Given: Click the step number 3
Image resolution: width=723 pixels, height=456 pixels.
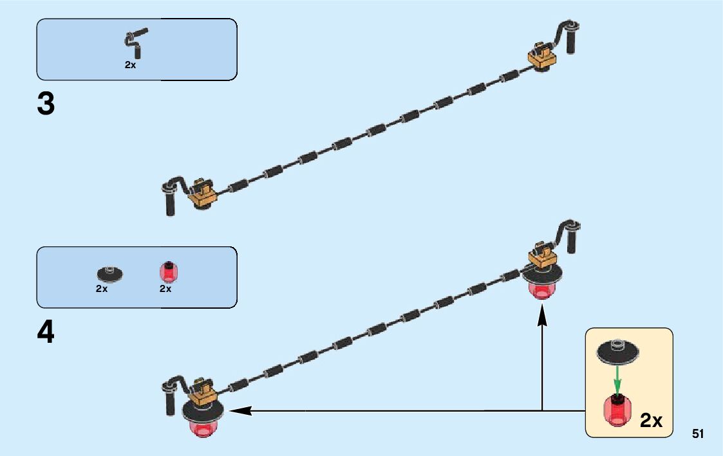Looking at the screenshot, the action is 46,104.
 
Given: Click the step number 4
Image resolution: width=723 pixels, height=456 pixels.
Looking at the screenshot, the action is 46,333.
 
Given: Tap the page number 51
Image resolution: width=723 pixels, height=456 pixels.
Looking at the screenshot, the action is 698,433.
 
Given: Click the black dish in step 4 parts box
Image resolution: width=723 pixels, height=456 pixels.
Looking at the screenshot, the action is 109,273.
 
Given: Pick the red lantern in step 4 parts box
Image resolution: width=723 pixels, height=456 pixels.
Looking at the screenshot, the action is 168,273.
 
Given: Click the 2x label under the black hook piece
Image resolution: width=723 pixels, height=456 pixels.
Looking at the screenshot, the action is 130,65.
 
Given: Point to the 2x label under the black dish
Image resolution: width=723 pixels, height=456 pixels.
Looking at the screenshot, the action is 102,289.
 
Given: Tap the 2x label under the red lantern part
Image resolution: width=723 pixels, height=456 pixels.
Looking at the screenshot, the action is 165,289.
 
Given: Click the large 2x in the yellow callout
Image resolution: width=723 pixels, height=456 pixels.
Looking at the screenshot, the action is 651,420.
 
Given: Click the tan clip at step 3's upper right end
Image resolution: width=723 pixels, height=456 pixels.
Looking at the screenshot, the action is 541,57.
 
